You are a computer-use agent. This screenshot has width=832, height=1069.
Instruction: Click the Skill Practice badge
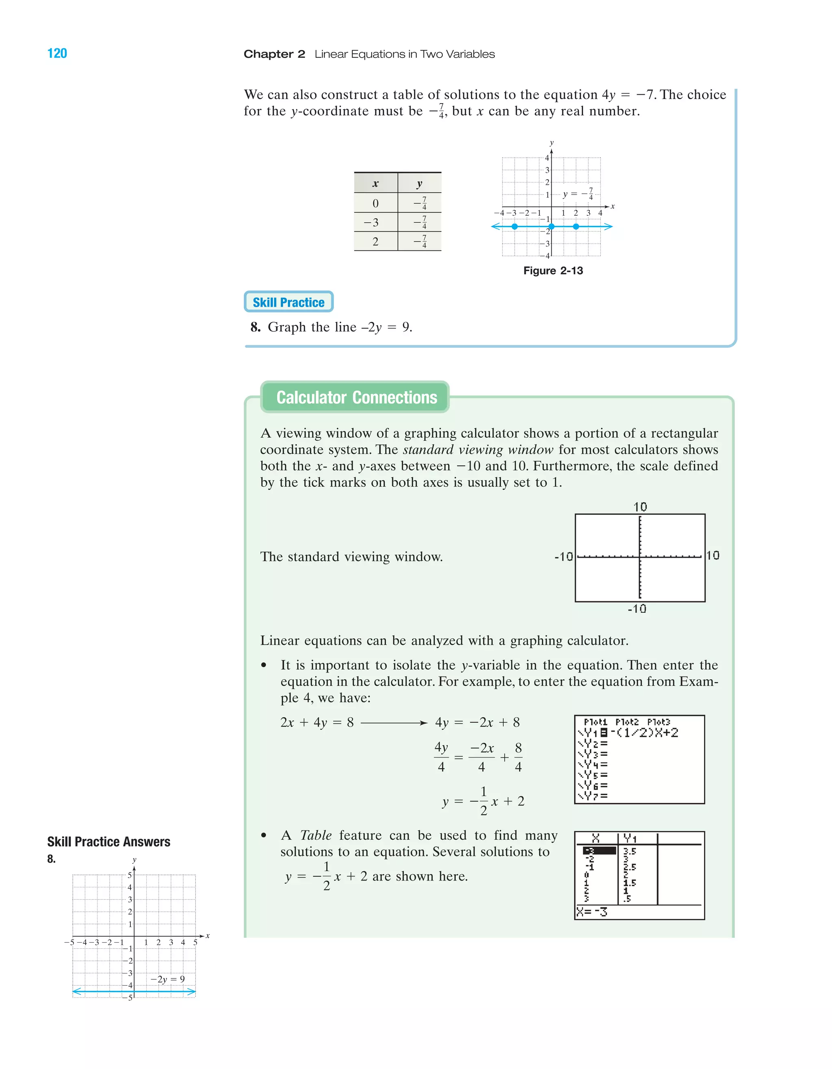point(288,302)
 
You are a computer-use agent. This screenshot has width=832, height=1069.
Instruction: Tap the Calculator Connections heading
point(356,397)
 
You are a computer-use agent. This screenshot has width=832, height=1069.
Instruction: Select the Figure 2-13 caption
point(553,271)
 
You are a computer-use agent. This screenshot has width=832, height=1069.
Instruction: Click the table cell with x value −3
point(375,223)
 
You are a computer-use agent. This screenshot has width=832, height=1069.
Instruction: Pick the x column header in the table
point(375,184)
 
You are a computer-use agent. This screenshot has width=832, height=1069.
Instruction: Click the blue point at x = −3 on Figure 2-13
point(514,227)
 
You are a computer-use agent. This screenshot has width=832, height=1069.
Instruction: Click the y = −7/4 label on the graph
point(578,194)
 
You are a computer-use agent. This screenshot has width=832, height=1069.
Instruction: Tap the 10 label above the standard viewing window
point(640,507)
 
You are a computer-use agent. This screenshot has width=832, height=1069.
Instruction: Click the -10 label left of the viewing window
point(563,557)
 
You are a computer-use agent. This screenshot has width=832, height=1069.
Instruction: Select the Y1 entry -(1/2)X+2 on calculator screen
point(645,733)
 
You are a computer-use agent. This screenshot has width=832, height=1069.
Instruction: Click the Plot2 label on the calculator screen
point(627,722)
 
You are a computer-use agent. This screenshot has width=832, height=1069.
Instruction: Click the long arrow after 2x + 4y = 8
point(394,723)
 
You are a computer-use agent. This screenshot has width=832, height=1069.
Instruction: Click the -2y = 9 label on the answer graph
point(167,979)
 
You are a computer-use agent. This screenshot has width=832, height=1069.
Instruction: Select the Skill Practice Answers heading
point(108,842)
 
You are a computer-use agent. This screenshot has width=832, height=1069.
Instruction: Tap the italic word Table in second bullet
point(316,835)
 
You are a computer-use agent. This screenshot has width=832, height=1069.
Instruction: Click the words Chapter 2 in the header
point(274,54)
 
